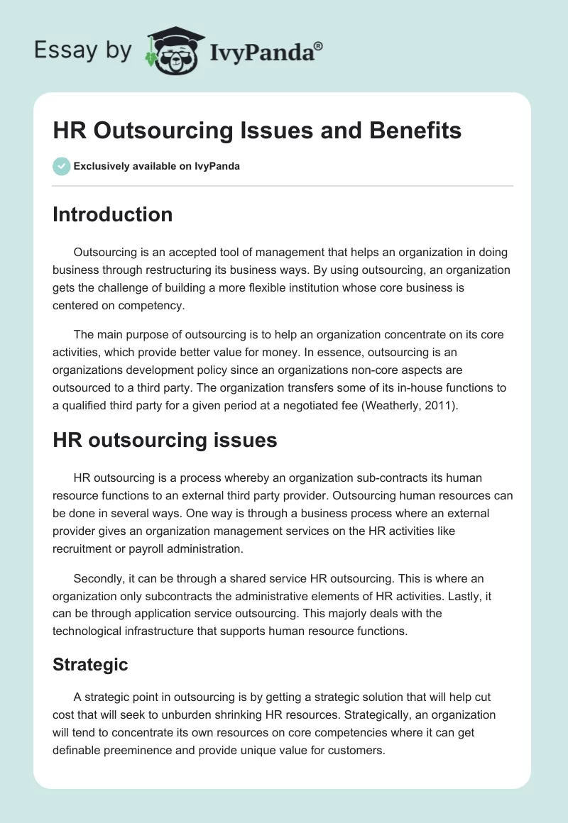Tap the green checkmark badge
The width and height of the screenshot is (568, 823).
pos(61,166)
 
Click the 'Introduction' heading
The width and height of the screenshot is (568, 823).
pos(112,214)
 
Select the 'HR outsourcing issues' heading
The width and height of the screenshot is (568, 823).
pos(165,440)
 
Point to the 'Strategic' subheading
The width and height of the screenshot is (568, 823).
pos(90,665)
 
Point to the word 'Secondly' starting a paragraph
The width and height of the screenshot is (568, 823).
pos(98,579)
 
